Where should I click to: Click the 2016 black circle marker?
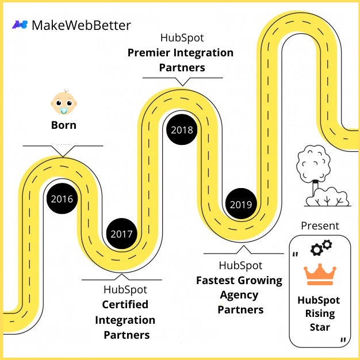pos(62,199)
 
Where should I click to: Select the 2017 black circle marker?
pos(122,234)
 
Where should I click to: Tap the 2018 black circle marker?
pos(182,130)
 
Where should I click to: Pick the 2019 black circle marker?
pos(240,204)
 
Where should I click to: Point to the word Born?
pos(63,125)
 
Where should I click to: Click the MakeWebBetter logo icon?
pos(20,25)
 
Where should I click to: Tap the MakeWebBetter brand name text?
pos(81,25)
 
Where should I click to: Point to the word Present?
pos(320,226)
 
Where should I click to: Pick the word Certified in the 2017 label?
pos(125,304)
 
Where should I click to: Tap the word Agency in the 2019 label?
pos(240,295)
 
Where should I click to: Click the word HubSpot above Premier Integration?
pos(182,39)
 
